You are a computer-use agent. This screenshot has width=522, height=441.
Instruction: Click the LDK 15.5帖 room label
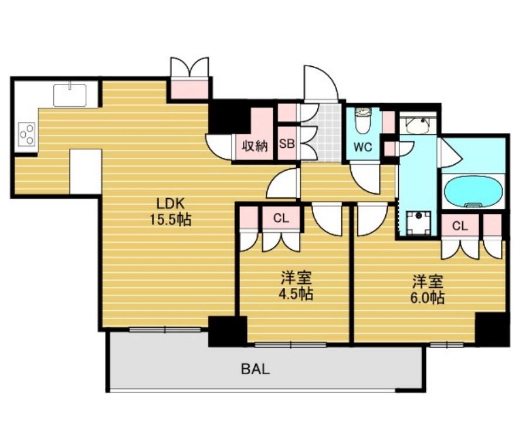point(171,212)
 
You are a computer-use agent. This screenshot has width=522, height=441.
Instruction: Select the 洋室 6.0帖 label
point(427,289)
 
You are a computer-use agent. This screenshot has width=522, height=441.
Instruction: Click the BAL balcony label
point(255,369)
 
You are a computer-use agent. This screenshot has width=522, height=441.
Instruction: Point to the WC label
point(363,147)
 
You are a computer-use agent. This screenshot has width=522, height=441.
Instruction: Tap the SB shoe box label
point(286,145)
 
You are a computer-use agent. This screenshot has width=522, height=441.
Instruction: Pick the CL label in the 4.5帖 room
point(281,218)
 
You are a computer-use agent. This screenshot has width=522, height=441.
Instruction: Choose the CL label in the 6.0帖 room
point(460,226)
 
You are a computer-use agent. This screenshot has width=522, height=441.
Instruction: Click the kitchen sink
point(70,94)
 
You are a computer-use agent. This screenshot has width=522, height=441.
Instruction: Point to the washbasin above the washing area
point(418,125)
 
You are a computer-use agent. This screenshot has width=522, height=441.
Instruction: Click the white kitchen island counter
point(86,171)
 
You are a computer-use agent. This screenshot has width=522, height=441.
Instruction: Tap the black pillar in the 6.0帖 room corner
point(492,329)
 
